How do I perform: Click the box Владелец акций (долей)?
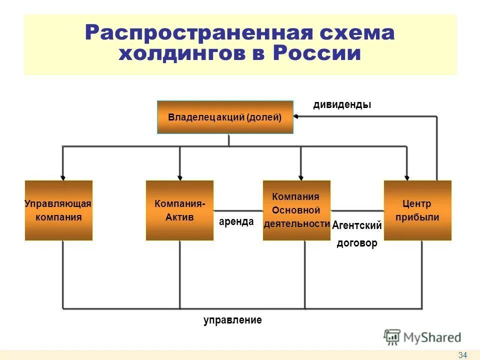click(x=225, y=117)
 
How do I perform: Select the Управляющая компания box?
click(x=58, y=210)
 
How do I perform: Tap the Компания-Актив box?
click(x=179, y=210)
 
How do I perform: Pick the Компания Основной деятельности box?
click(x=296, y=210)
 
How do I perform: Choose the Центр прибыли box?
click(x=417, y=210)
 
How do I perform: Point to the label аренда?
click(x=236, y=221)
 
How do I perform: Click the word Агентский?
click(x=357, y=225)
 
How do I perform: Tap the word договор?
click(x=357, y=244)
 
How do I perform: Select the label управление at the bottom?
click(x=232, y=320)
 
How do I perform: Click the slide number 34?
click(x=462, y=355)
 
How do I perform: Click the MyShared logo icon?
click(x=392, y=337)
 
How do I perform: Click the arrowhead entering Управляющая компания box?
click(x=62, y=176)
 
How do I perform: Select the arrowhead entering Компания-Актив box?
click(x=180, y=176)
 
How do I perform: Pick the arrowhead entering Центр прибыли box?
click(x=407, y=176)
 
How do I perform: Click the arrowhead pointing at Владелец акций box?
click(x=296, y=116)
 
